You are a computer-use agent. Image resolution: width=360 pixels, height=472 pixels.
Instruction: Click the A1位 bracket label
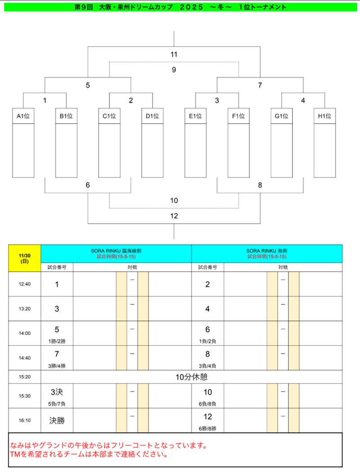pos(23,116)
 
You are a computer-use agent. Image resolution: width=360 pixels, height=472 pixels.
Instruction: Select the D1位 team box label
pos(153,116)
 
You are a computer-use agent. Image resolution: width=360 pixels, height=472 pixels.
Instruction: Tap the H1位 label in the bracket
pos(324,116)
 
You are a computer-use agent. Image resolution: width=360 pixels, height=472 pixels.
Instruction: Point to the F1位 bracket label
pos(238,116)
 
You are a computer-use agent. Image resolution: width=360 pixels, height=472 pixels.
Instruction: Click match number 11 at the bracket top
pos(174,54)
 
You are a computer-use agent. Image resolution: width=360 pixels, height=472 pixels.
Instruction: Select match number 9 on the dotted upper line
pos(174,70)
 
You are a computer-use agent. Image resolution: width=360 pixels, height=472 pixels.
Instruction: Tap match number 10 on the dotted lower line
pos(174,200)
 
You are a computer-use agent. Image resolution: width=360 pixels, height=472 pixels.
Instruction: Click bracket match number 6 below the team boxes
pos(88,185)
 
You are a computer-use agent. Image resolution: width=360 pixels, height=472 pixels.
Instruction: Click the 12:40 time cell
pos(24,284)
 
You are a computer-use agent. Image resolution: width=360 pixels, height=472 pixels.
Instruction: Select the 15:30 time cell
pos(24,396)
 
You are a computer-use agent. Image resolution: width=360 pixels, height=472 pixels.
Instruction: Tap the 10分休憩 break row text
pos(191,377)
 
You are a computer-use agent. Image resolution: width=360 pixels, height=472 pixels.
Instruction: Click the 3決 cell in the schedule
pos(57,392)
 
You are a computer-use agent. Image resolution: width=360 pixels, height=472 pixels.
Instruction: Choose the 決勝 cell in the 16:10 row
pos(57,421)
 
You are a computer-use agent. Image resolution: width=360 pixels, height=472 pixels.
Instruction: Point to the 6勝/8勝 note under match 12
pos(207,428)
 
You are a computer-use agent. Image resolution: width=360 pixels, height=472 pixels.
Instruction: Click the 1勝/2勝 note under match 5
pos(57,341)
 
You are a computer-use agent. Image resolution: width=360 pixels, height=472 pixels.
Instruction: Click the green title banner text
pos(180,7)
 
